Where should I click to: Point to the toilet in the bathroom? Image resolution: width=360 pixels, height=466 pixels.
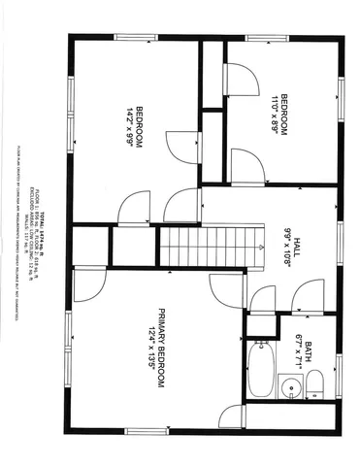315,383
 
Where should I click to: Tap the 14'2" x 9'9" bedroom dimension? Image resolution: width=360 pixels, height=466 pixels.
129,126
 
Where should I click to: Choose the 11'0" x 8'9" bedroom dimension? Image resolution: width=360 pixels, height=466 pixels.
275,112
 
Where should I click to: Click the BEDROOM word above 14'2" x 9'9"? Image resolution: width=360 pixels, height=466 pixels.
140,126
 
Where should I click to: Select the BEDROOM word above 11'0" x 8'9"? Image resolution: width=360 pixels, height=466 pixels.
285,112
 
